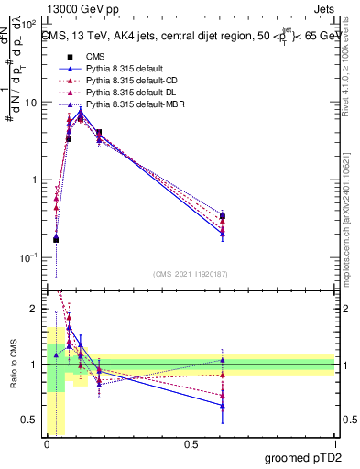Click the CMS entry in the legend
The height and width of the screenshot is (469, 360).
click(x=96, y=56)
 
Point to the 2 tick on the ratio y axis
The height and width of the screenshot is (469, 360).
click(x=36, y=309)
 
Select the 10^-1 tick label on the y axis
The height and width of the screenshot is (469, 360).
click(x=29, y=257)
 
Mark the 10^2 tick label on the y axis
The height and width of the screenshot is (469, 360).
click(x=29, y=24)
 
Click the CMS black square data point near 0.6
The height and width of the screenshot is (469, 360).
click(x=223, y=216)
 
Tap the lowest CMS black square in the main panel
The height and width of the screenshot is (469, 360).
click(x=56, y=239)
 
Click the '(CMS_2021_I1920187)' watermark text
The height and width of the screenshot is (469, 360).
click(x=190, y=275)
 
